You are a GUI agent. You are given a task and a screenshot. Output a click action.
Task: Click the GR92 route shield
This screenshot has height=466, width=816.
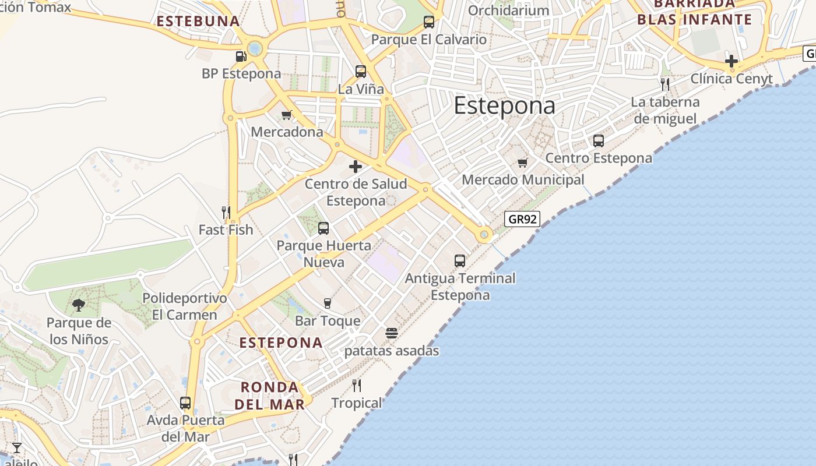tap(522, 219)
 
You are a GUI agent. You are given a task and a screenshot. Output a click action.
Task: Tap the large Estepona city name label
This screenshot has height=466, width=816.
tap(504, 105)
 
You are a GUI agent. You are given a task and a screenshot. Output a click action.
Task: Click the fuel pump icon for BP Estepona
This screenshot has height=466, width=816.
tap(241, 57)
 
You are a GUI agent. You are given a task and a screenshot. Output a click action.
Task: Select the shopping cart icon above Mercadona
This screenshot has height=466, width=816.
tap(286, 115)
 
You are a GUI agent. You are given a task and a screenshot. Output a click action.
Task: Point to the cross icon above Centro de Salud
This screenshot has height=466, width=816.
tap(355, 167)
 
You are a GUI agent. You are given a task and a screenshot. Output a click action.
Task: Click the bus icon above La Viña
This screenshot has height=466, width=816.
tap(361, 72)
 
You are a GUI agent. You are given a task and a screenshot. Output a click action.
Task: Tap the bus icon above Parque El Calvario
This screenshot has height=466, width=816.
tap(429, 22)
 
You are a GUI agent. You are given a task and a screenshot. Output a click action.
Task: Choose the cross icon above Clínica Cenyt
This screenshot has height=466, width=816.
tap(731, 61)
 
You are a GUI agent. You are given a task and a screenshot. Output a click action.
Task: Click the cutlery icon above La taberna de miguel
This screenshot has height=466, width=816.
tap(665, 84)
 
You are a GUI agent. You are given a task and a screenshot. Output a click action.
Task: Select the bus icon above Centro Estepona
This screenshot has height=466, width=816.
tap(599, 140)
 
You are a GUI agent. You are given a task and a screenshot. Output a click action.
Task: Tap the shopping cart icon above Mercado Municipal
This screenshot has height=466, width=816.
tap(522, 163)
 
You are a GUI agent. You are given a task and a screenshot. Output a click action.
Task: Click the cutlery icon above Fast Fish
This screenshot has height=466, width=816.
tap(226, 212)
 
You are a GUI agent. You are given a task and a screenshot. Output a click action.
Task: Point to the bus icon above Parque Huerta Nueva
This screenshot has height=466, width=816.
tap(323, 228)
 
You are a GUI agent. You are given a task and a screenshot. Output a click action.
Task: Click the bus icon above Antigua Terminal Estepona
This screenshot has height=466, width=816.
tap(460, 260)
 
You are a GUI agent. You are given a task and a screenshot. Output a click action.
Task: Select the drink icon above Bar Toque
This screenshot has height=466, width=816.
tap(328, 303)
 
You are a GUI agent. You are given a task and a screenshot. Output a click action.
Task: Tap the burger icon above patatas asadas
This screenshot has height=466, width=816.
tap(392, 333)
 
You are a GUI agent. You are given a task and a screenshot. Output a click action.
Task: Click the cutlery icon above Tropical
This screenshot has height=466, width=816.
tap(357, 385)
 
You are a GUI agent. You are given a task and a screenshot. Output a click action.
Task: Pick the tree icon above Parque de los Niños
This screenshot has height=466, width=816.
tap(79, 305)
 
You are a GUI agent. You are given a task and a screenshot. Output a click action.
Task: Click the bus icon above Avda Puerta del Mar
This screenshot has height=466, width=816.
tap(185, 403)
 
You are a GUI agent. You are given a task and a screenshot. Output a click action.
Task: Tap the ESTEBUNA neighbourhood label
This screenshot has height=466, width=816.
tap(198, 22)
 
